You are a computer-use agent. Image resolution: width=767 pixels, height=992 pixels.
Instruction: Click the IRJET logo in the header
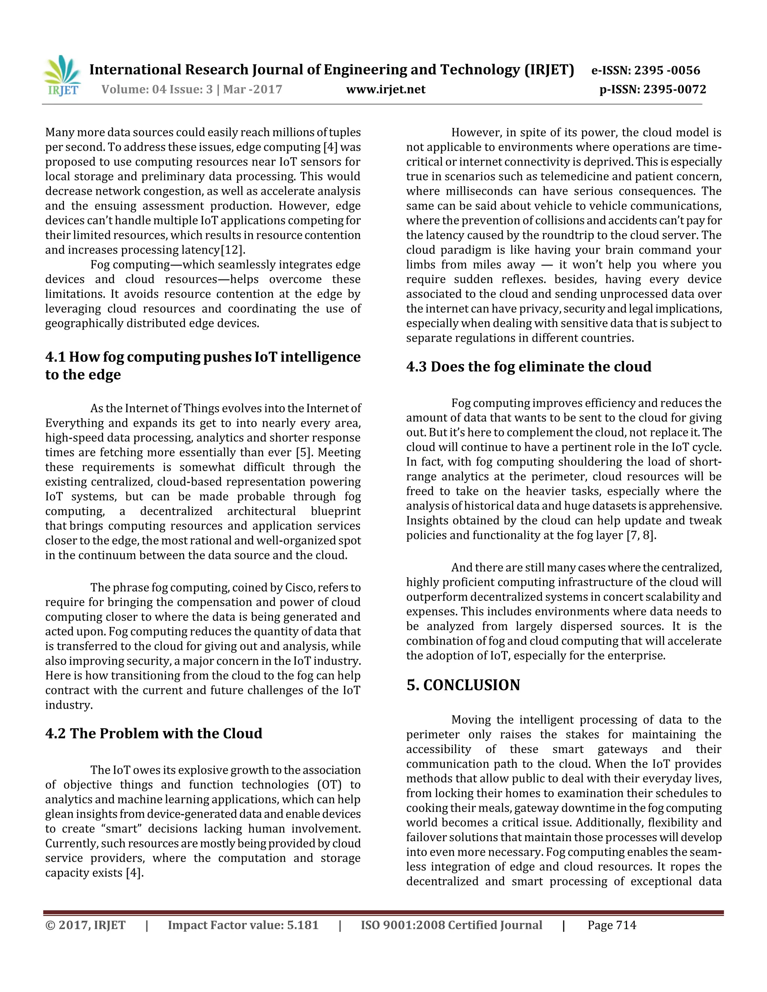click(63, 76)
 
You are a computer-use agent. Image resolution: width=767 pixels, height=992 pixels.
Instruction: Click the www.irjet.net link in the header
click(385, 89)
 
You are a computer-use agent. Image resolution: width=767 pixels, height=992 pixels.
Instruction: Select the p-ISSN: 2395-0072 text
click(652, 89)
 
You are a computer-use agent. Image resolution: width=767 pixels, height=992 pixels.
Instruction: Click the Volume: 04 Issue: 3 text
click(157, 89)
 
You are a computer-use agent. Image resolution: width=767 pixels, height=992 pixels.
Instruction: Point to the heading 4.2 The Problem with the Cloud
click(154, 734)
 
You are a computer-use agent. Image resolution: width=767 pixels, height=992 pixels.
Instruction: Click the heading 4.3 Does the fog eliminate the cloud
click(528, 366)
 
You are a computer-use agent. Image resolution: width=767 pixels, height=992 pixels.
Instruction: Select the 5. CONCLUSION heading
click(463, 685)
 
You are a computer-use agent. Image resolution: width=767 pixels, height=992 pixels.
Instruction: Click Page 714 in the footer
click(612, 926)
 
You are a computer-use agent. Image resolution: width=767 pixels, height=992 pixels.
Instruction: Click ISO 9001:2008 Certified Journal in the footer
click(451, 926)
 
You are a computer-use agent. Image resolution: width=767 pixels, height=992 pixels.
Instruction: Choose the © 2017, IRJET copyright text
click(85, 926)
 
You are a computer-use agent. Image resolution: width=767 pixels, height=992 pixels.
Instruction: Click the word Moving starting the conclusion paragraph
click(471, 720)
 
